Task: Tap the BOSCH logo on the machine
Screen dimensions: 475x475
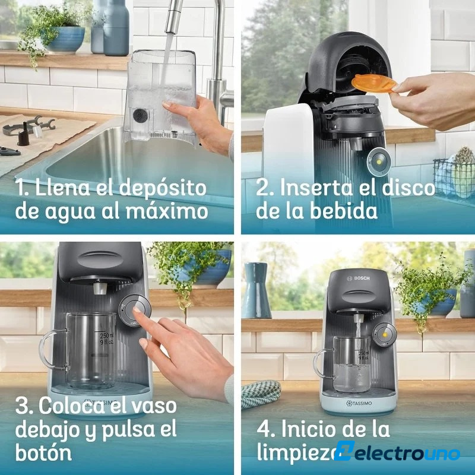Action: pos(359,278)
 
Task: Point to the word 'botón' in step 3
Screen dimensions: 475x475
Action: pos(43,452)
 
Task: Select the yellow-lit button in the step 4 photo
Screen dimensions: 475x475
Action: pos(385,335)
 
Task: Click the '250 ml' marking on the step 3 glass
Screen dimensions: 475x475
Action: pos(107,335)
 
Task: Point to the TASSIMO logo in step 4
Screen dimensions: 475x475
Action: pos(359,403)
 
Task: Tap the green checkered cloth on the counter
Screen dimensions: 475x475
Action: pos(261,393)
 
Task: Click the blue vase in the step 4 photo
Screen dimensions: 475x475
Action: pos(257,290)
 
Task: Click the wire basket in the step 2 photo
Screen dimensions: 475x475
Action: pos(454,179)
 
